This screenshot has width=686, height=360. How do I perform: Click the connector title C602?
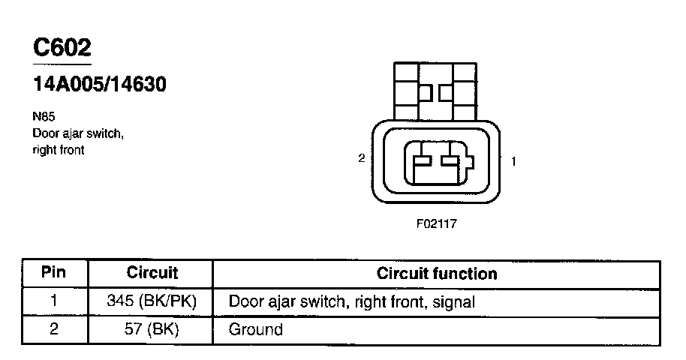click(x=62, y=48)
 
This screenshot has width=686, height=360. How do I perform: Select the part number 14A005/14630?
click(x=99, y=85)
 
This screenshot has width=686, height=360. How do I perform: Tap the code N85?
click(x=44, y=117)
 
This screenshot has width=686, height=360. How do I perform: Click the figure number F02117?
click(x=436, y=223)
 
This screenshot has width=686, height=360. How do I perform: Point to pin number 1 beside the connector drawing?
click(x=513, y=160)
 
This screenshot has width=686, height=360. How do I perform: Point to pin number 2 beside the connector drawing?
click(x=362, y=159)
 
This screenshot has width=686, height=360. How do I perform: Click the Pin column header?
click(x=53, y=272)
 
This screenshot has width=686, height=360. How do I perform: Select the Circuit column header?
click(x=152, y=273)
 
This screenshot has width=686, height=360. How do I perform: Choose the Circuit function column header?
click(x=436, y=273)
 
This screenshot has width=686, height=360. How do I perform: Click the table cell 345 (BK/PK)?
click(x=152, y=301)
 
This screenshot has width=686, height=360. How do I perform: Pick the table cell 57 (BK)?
click(x=152, y=329)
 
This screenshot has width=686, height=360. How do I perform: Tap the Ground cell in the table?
click(x=255, y=329)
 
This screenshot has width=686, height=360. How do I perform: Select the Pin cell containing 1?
click(x=53, y=301)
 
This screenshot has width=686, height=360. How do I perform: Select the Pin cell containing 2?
click(x=53, y=329)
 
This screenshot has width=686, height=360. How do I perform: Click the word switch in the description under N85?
click(x=104, y=133)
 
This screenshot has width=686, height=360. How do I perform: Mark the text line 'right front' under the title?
click(x=59, y=150)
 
